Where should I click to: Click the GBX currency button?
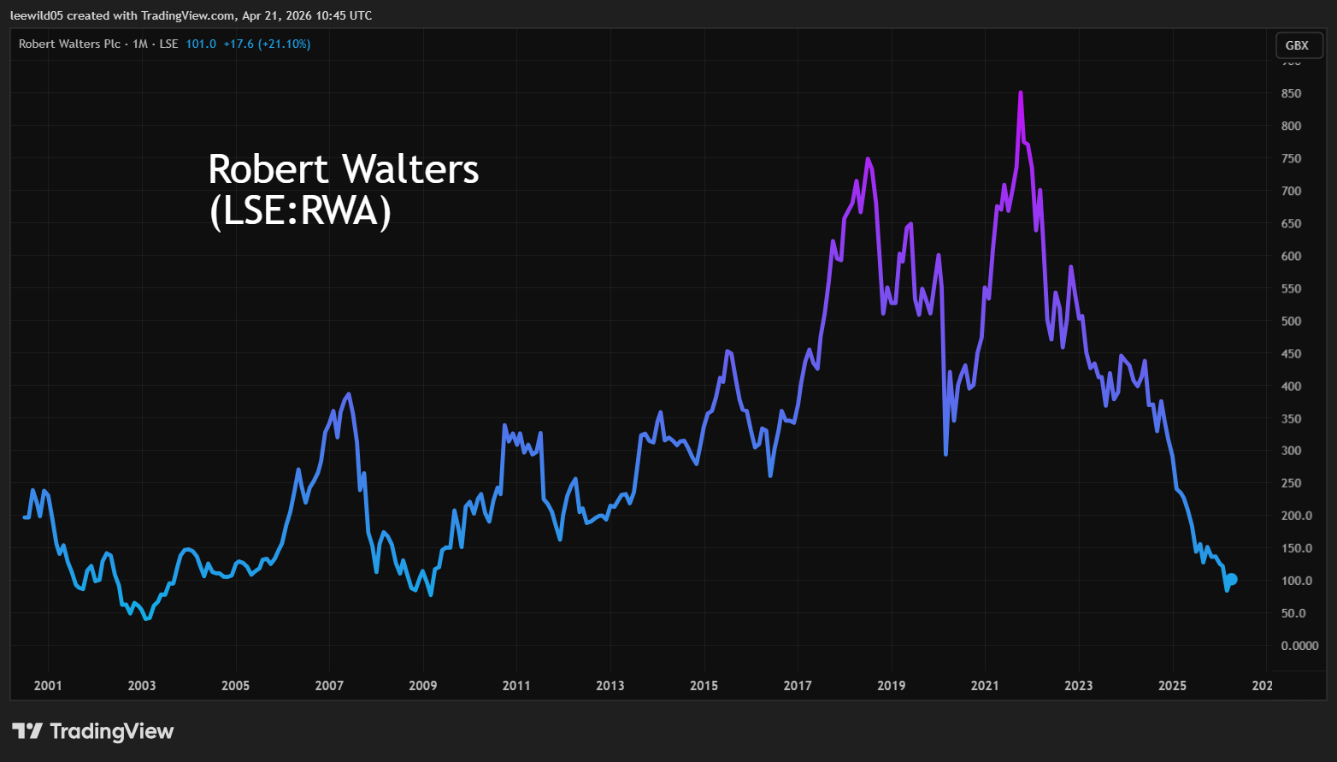(1297, 45)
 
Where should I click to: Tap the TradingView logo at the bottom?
(93, 731)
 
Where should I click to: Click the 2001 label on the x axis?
(48, 685)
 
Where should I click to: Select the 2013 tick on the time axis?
(610, 685)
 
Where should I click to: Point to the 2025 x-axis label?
(1172, 685)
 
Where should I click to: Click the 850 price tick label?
(1291, 93)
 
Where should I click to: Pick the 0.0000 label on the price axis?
(1299, 646)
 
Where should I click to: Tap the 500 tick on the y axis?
(1291, 321)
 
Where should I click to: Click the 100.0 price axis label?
(1296, 581)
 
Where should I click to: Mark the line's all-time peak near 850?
(1021, 93)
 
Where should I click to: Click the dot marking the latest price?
(1232, 579)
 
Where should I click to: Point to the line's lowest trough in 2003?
(147, 617)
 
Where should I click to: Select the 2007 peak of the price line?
(348, 394)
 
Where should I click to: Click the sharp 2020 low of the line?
(945, 453)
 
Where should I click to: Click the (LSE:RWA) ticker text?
(300, 210)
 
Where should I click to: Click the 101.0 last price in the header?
(201, 44)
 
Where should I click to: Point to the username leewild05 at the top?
(38, 15)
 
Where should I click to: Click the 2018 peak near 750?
(868, 159)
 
